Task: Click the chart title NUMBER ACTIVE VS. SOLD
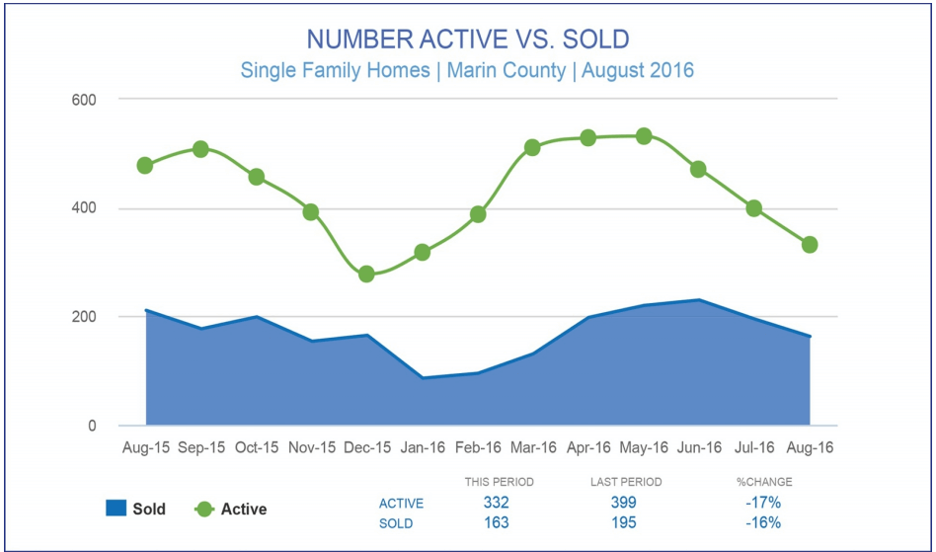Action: click(x=467, y=39)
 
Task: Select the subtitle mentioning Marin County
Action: click(x=467, y=71)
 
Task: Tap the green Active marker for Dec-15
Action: click(x=366, y=274)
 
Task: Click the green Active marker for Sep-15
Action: click(x=200, y=149)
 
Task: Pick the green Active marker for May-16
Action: click(x=644, y=136)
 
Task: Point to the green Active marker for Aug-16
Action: click(x=810, y=245)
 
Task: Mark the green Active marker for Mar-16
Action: click(x=532, y=147)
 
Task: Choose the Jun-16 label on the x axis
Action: click(x=699, y=448)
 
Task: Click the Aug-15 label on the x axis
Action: click(x=145, y=448)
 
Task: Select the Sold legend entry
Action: click(x=135, y=510)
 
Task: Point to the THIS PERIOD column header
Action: click(x=499, y=482)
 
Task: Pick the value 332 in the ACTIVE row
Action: click(x=497, y=504)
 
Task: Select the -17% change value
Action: click(x=763, y=504)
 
